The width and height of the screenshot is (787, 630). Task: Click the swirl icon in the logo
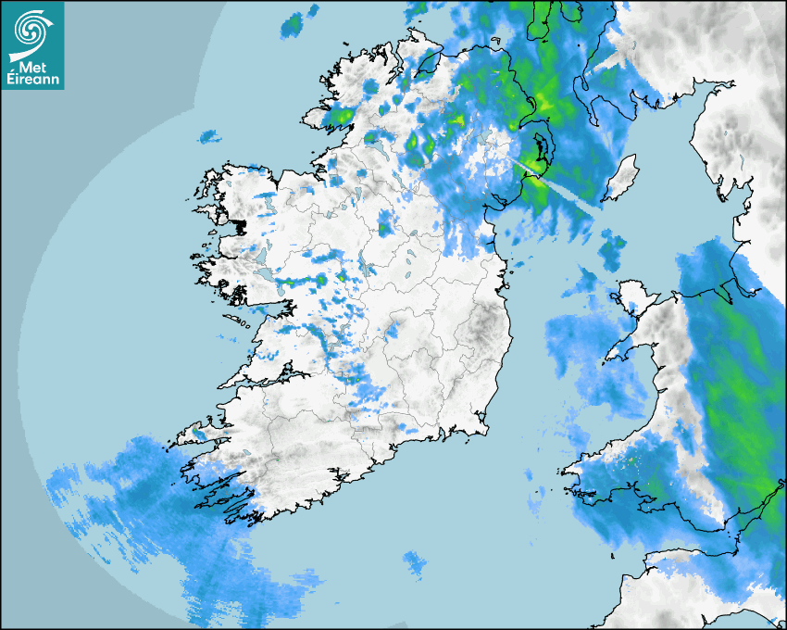[x=32, y=29]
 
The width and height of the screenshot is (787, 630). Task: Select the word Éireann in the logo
[x=32, y=80]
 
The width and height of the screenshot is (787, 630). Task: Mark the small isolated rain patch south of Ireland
[x=415, y=561]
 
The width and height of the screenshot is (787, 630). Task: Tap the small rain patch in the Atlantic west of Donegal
[x=210, y=137]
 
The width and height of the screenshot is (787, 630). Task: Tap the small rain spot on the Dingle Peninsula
[x=199, y=433]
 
